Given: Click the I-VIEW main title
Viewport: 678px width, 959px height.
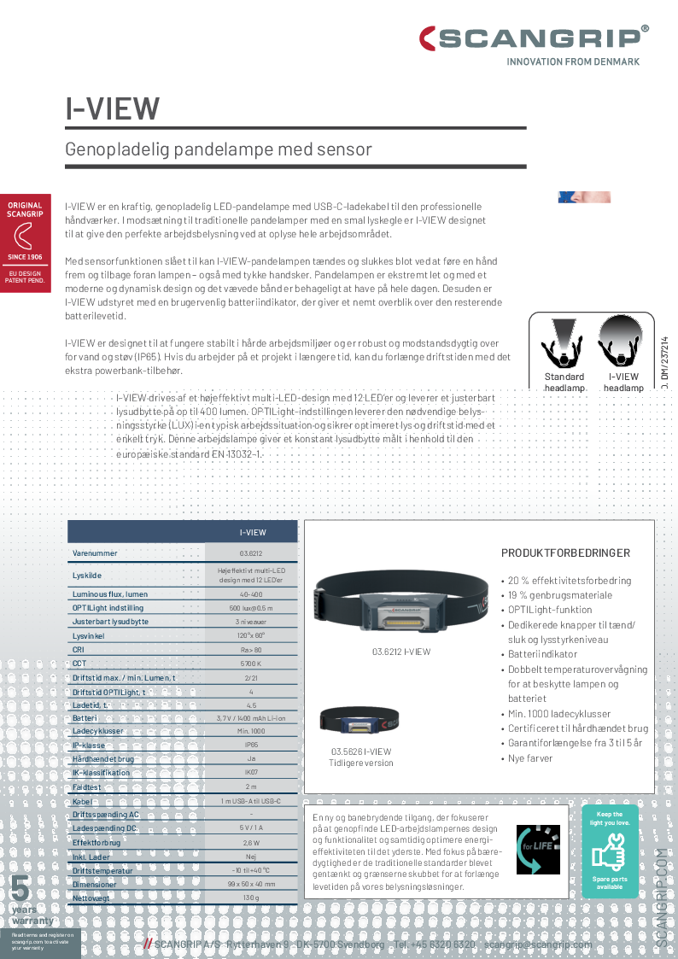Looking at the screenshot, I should coord(113,108).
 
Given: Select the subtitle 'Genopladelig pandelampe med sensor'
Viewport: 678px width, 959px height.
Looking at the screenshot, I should coord(219,149).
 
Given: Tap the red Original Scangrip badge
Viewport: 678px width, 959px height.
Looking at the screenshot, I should coord(25,242).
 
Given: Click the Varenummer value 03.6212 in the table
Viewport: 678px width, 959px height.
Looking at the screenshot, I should coord(252,553).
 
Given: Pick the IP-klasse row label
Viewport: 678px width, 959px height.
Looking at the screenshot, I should coord(89,746).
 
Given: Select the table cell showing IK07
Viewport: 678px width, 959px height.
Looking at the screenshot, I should coord(252,773).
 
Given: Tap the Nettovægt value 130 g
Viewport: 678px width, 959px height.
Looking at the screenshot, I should coord(251,898).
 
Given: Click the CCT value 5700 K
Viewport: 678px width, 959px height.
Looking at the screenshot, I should coord(252,664).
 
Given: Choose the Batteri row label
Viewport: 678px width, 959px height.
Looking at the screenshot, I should coord(85,718).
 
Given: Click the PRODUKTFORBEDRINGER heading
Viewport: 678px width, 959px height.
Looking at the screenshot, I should coord(565,553).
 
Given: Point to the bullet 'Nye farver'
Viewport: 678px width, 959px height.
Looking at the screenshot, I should coord(530,758).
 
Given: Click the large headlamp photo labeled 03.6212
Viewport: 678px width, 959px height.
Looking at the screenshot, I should coord(400,604).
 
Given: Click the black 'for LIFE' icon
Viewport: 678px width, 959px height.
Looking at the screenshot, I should coord(538,850).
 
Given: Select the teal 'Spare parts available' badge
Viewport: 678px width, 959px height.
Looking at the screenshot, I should coord(610,851).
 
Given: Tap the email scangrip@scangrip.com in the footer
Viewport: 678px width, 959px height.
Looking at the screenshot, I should coord(538,944).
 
